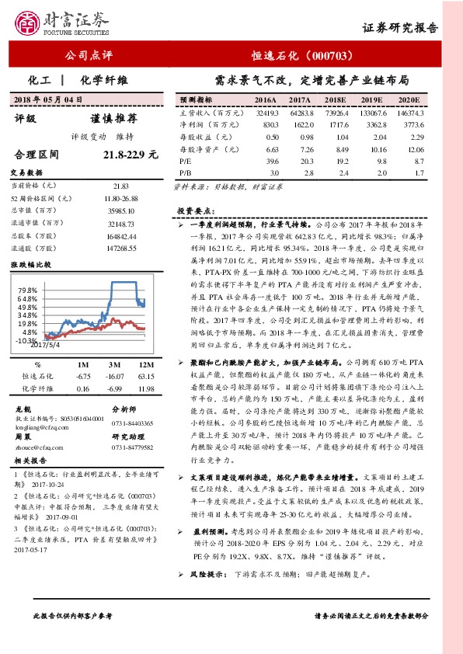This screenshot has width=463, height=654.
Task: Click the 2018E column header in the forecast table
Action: click(336, 101)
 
